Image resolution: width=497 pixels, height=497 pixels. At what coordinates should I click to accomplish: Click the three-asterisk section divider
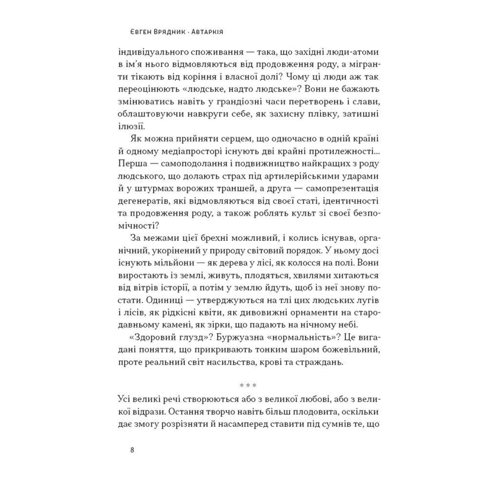(x=248, y=386)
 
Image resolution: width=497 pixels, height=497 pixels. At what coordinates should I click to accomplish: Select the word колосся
(x=299, y=263)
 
